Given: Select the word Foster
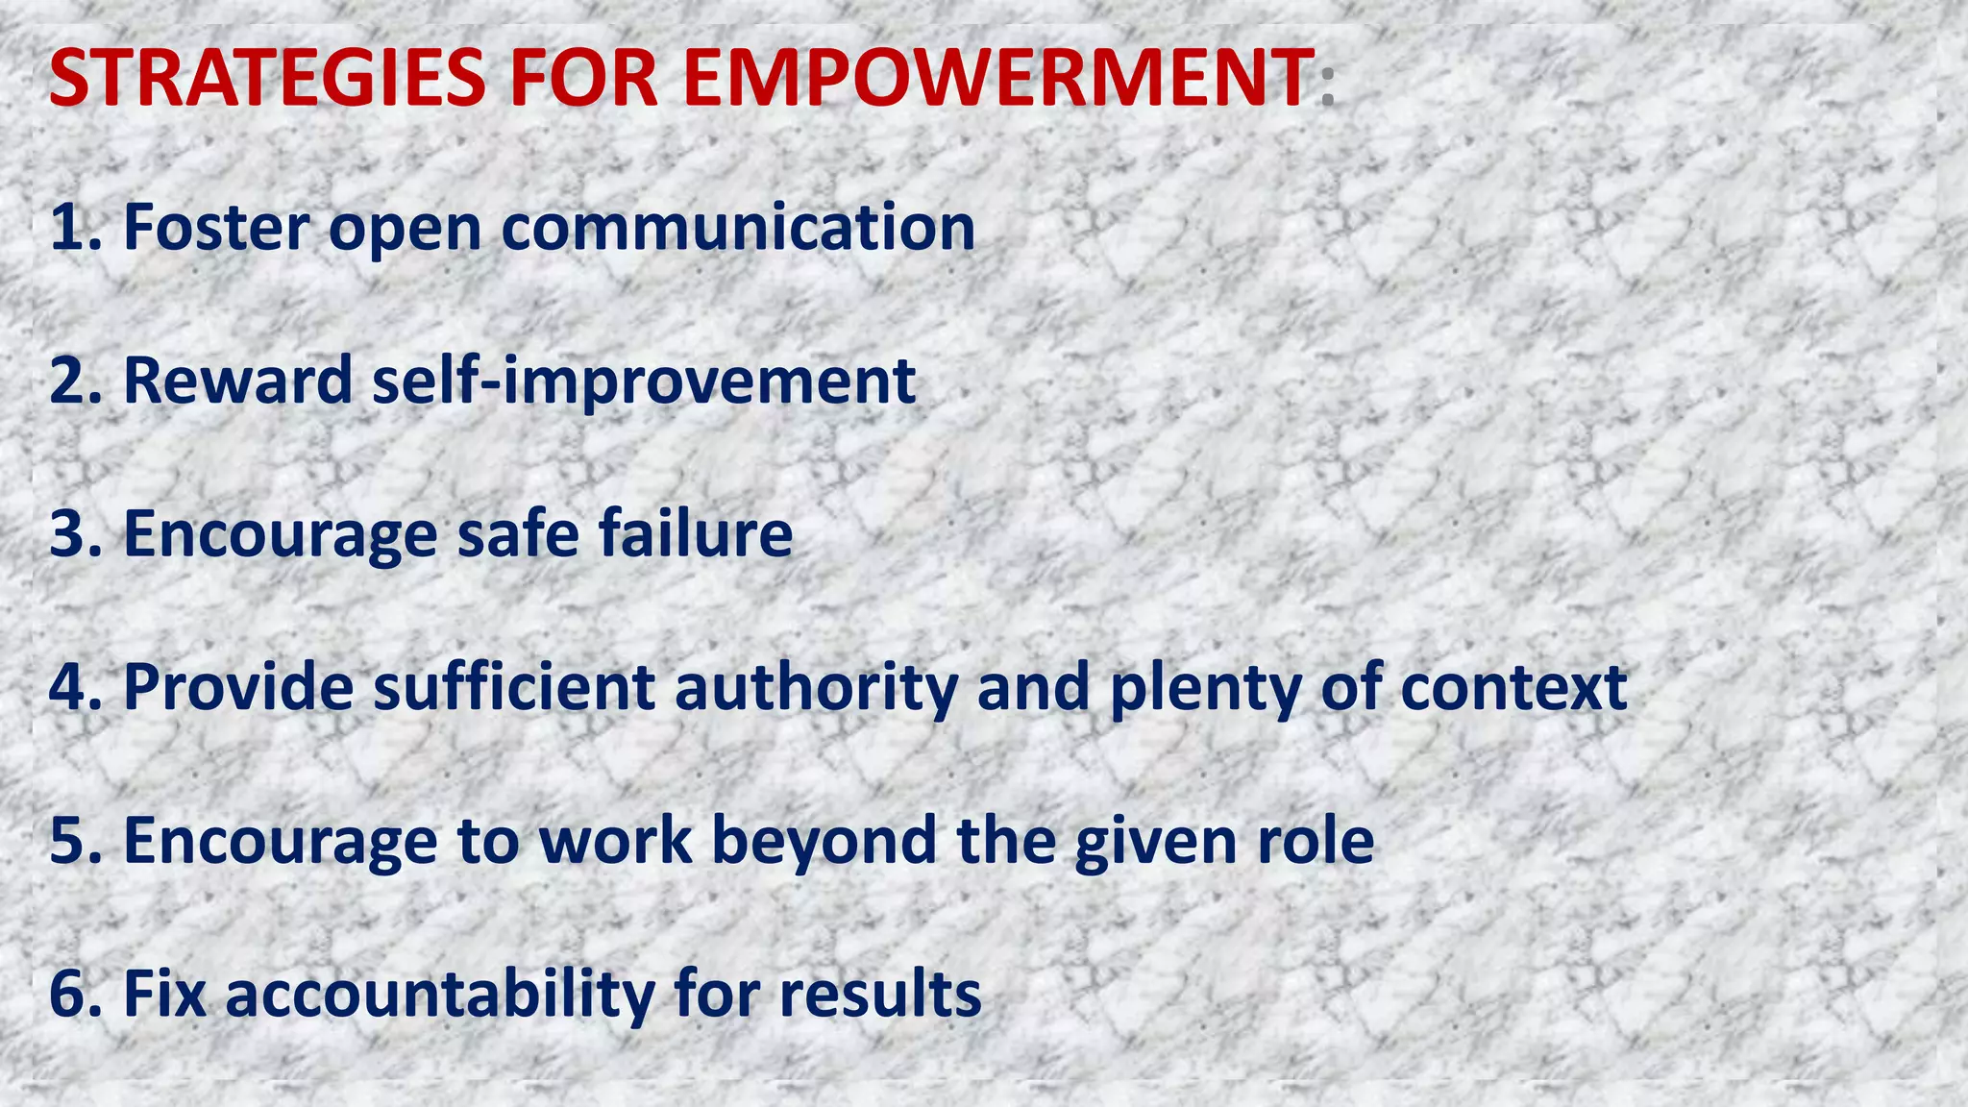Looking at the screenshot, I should coord(217,228).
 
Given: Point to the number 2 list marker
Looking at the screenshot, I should coord(67,381).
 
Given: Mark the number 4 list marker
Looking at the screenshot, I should coord(67,687).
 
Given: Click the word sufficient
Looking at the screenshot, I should coord(514,687).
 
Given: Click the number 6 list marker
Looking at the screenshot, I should coord(67,994).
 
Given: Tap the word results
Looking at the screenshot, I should coord(880,994).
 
